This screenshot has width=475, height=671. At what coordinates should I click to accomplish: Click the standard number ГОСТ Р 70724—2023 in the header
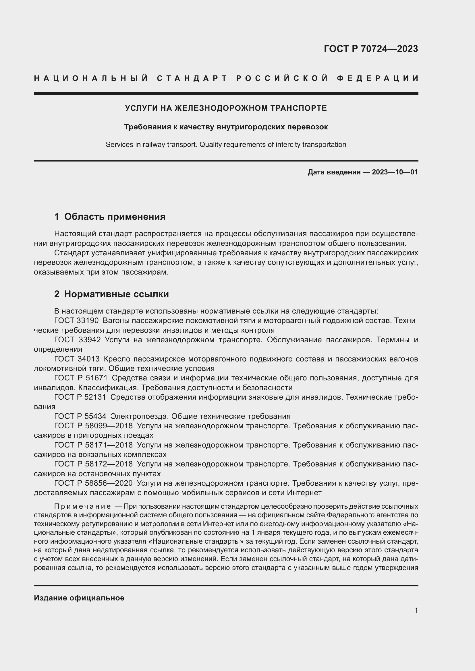pos(370,49)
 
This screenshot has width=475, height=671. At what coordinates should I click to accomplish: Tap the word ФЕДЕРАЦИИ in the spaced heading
pos(377,78)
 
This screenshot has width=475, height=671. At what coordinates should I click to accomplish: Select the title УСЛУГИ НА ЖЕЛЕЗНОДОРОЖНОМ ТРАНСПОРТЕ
pos(226,108)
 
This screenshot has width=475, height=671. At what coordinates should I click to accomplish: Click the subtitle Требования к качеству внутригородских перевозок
pos(226,127)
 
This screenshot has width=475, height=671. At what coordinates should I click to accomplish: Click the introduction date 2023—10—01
pos(395,172)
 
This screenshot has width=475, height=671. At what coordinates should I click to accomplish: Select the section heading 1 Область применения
pos(110,217)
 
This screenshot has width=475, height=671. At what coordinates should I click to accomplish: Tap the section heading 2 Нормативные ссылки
pos(111,294)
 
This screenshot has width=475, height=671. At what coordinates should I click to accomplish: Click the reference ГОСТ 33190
pos(76,321)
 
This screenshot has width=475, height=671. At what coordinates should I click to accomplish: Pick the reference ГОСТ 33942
pos(77,340)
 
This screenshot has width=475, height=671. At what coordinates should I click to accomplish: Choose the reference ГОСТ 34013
pos(77,359)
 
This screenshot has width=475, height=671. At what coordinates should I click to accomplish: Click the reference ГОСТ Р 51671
pos(81,378)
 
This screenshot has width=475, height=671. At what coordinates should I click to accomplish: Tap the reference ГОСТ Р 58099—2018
pos(93,426)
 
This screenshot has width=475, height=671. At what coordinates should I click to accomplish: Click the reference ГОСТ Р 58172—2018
pos(93,464)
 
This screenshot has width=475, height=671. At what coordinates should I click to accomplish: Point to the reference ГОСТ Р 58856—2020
pos(93,483)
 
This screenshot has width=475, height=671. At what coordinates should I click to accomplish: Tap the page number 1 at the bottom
pos(416,610)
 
